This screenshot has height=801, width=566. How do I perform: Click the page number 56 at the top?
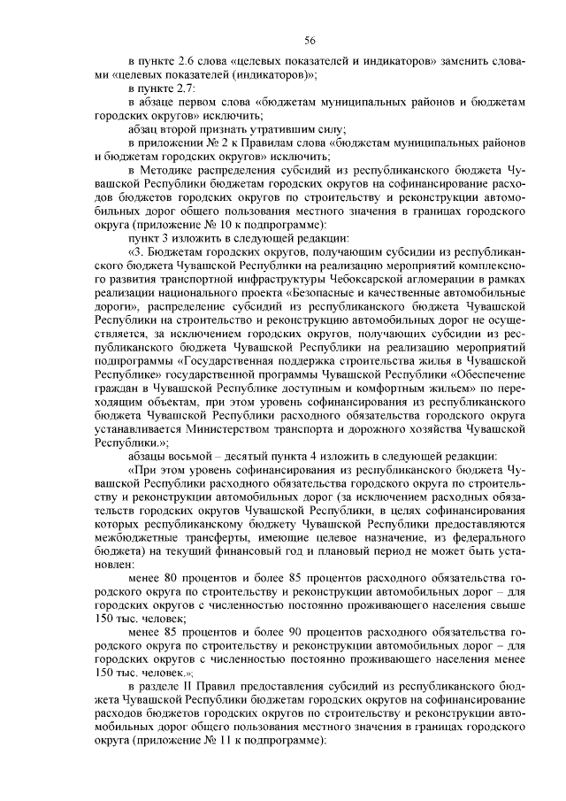310,40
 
